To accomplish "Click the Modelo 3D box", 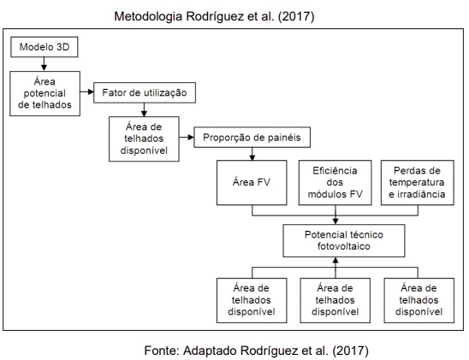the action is (x=45, y=47).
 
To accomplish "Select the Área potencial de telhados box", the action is (x=45, y=93).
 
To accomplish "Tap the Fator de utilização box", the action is (x=145, y=92).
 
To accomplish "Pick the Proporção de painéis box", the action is (x=252, y=138).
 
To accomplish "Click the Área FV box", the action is (x=252, y=182).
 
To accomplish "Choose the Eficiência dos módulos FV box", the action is (x=335, y=182).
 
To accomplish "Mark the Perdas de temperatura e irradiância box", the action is (x=418, y=182).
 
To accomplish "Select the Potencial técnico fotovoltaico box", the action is (x=344, y=241).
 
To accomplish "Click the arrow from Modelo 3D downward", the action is (x=44, y=64).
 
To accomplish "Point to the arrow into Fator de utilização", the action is (x=86, y=91).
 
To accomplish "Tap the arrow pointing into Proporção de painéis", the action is (x=187, y=138).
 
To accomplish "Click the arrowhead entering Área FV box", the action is (x=252, y=157).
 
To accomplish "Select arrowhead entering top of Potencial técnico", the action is (x=335, y=221).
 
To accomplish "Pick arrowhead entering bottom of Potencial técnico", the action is (x=335, y=260).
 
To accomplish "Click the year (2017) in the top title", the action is (x=296, y=16).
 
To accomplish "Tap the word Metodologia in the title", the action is (x=148, y=16).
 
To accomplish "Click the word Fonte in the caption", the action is (x=162, y=350).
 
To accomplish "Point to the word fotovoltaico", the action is (x=344, y=246).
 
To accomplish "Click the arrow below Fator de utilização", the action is (x=144, y=109).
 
